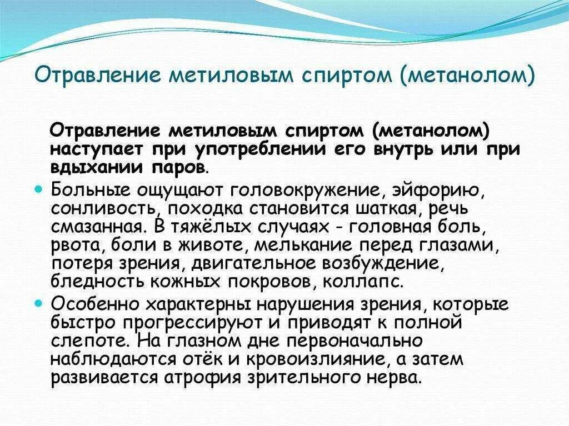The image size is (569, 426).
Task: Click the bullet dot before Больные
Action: [x=38, y=189]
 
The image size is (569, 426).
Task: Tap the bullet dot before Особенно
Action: [x=38, y=304]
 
